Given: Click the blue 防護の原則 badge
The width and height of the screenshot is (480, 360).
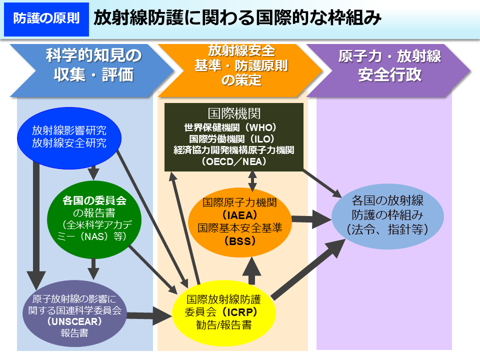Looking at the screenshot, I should coord(46,19).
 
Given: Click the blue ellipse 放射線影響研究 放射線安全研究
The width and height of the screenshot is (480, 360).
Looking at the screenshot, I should coord(69,137).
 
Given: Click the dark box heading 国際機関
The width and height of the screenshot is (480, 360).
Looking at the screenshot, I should coord(234,113).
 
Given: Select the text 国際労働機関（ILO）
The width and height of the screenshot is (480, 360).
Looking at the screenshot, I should coord(234,138).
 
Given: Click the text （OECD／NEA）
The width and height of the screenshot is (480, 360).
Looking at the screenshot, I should coord(234,162).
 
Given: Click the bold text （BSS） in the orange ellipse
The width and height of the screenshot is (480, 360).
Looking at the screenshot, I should coord(239,240).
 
